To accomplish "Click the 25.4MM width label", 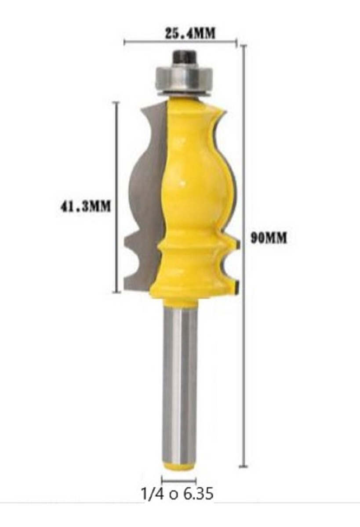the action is [x=190, y=33].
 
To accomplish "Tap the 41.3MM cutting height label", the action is [x=85, y=207].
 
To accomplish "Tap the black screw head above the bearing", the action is [x=185, y=57].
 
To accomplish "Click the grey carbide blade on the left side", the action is [x=144, y=200].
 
